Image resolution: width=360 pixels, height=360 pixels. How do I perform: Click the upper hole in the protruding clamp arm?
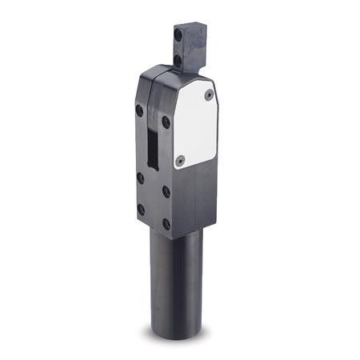tap(178, 35)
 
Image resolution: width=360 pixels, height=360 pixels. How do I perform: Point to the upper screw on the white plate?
tap(208, 94)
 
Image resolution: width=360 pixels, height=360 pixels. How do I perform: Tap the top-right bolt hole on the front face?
tap(166, 122)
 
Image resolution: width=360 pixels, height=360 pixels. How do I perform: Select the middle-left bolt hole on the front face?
tap(140, 178)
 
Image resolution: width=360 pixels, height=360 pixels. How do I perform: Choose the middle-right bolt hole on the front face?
tap(166, 192)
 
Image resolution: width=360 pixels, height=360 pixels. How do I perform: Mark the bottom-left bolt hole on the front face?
tap(141, 210)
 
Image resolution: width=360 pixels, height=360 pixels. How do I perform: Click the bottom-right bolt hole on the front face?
tap(166, 224)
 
